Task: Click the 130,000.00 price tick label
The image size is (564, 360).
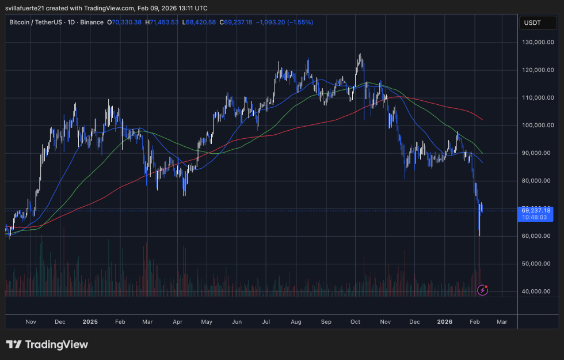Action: coord(537,43)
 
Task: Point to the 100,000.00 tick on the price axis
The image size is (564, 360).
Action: coord(537,126)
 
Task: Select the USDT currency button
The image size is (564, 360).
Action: coord(532,23)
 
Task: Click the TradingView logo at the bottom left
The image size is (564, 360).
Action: coord(47,344)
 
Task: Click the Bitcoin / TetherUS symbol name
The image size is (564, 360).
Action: coord(39,22)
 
